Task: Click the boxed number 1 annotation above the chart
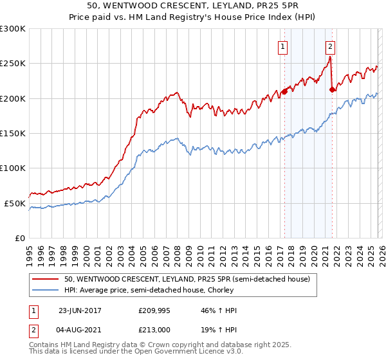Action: pos(283,46)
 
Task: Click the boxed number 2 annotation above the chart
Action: pos(330,46)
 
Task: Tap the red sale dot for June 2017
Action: pos(284,92)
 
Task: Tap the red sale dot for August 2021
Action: pos(332,90)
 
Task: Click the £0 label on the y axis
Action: pos(19,239)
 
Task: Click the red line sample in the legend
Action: pos(46,279)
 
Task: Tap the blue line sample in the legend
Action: pos(46,290)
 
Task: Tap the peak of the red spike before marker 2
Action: pos(329,57)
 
